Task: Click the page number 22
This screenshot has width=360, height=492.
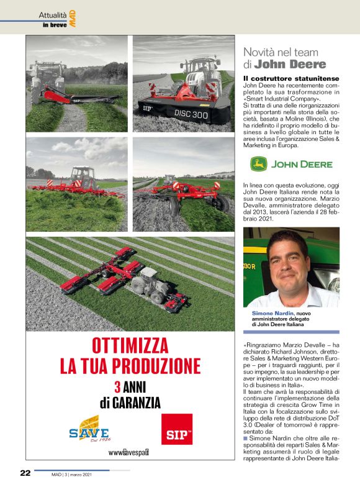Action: tap(25, 473)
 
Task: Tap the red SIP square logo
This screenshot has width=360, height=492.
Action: tap(176, 427)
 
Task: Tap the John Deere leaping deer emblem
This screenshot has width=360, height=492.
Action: tap(258, 165)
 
